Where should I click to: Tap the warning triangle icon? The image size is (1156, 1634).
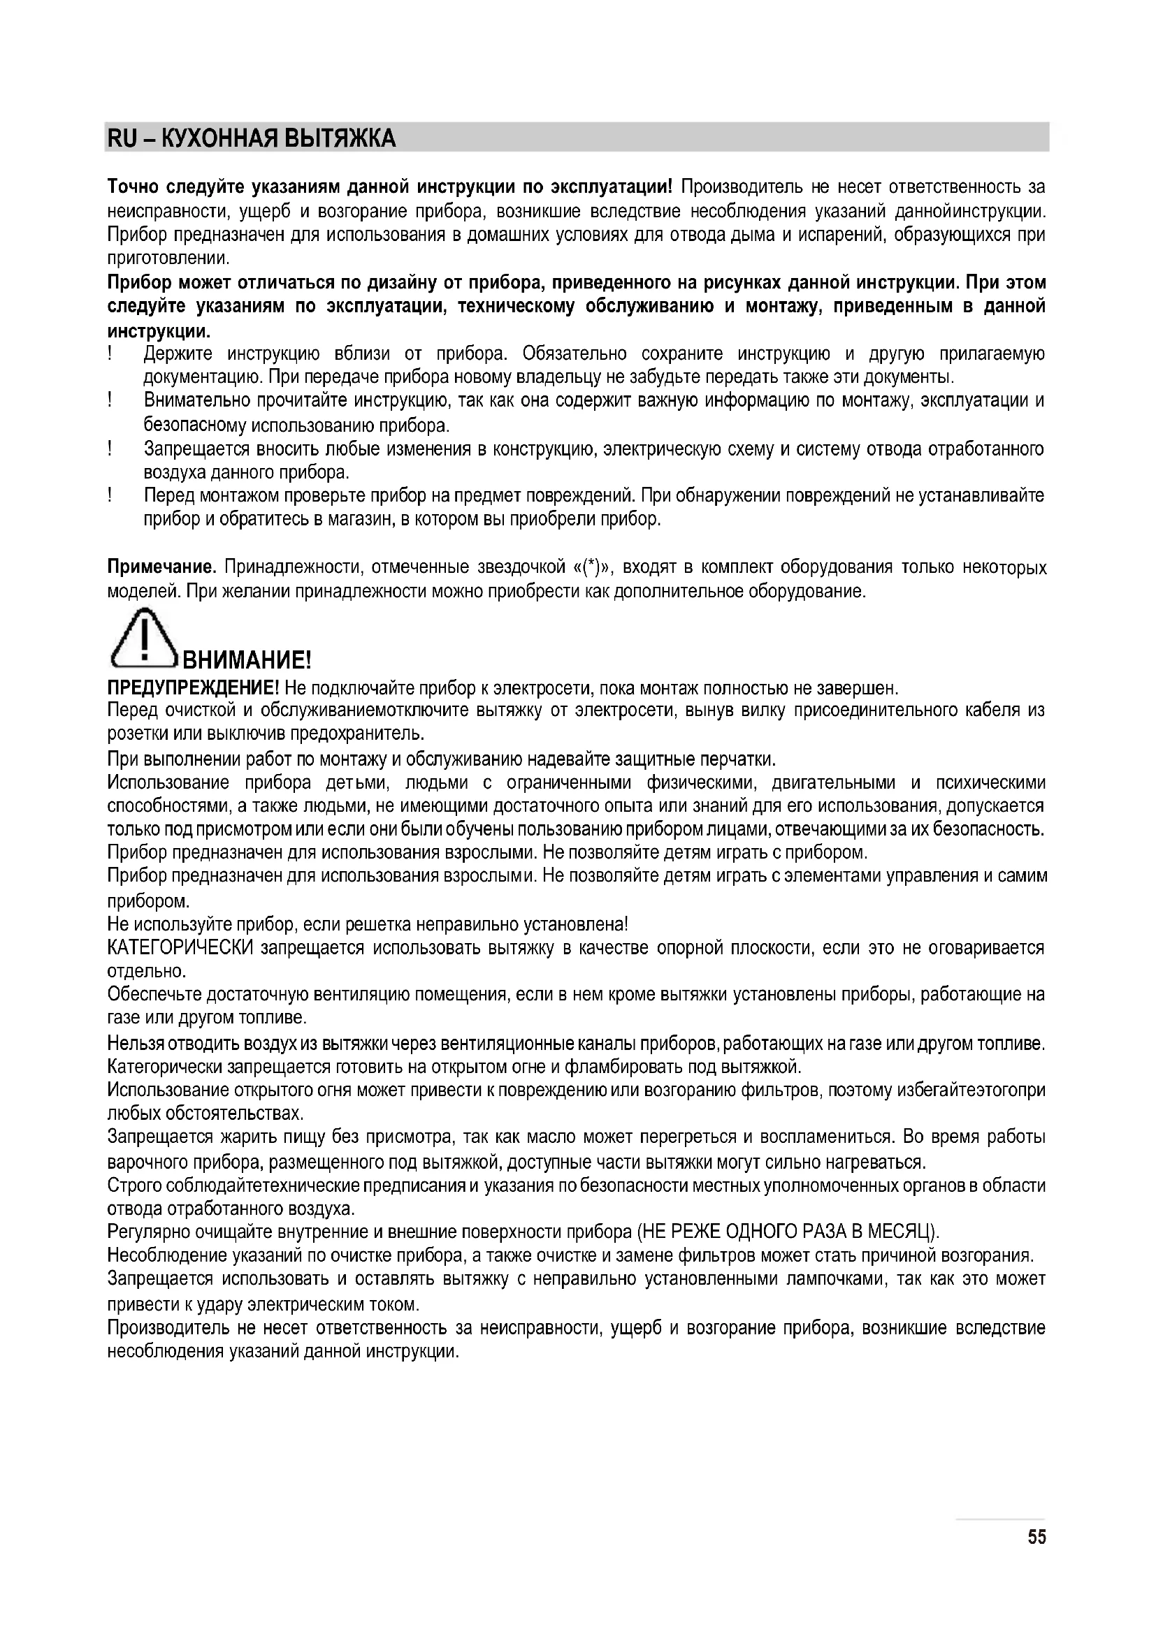(144, 639)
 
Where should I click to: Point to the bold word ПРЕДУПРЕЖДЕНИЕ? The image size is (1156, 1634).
(194, 688)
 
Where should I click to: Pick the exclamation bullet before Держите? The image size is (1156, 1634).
(111, 353)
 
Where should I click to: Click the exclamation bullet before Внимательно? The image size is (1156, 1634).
(111, 401)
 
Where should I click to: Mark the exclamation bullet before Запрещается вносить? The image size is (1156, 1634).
(111, 448)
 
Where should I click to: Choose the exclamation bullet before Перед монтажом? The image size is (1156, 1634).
(111, 495)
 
